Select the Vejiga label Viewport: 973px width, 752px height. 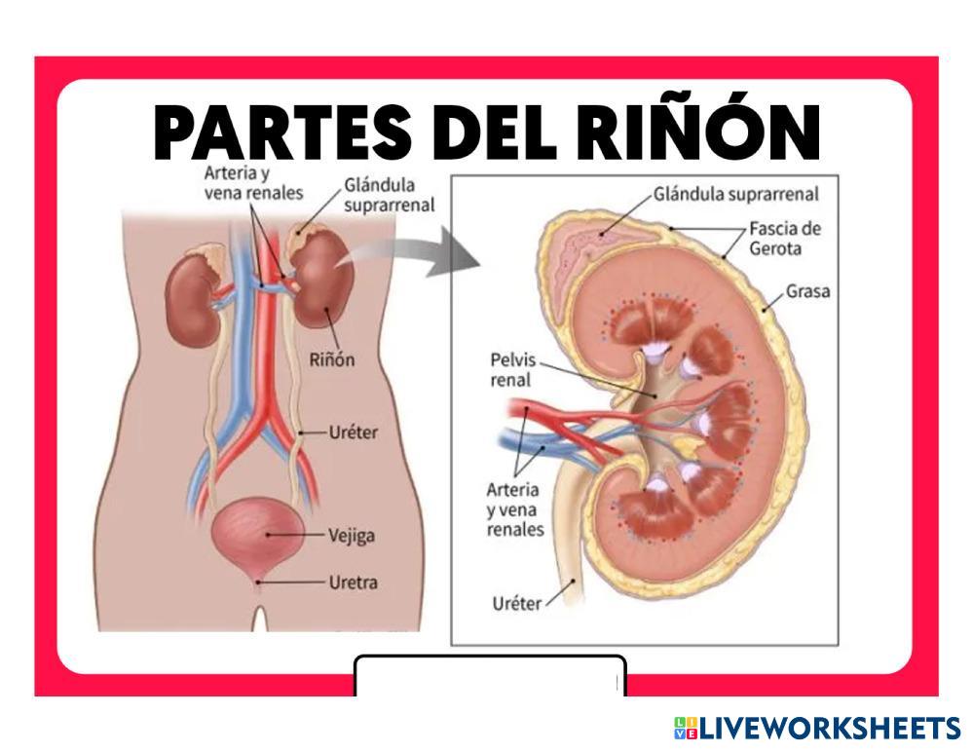click(353, 535)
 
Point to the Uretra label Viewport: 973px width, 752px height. click(353, 583)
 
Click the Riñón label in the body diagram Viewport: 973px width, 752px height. click(331, 359)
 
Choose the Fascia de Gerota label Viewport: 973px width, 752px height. click(785, 238)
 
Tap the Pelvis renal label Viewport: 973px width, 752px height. click(512, 370)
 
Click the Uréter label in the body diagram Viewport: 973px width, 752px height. click(352, 431)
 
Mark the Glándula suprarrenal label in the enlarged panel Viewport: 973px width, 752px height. click(736, 194)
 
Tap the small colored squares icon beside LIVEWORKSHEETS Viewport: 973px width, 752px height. click(685, 728)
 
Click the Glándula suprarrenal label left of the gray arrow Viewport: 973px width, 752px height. click(388, 195)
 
